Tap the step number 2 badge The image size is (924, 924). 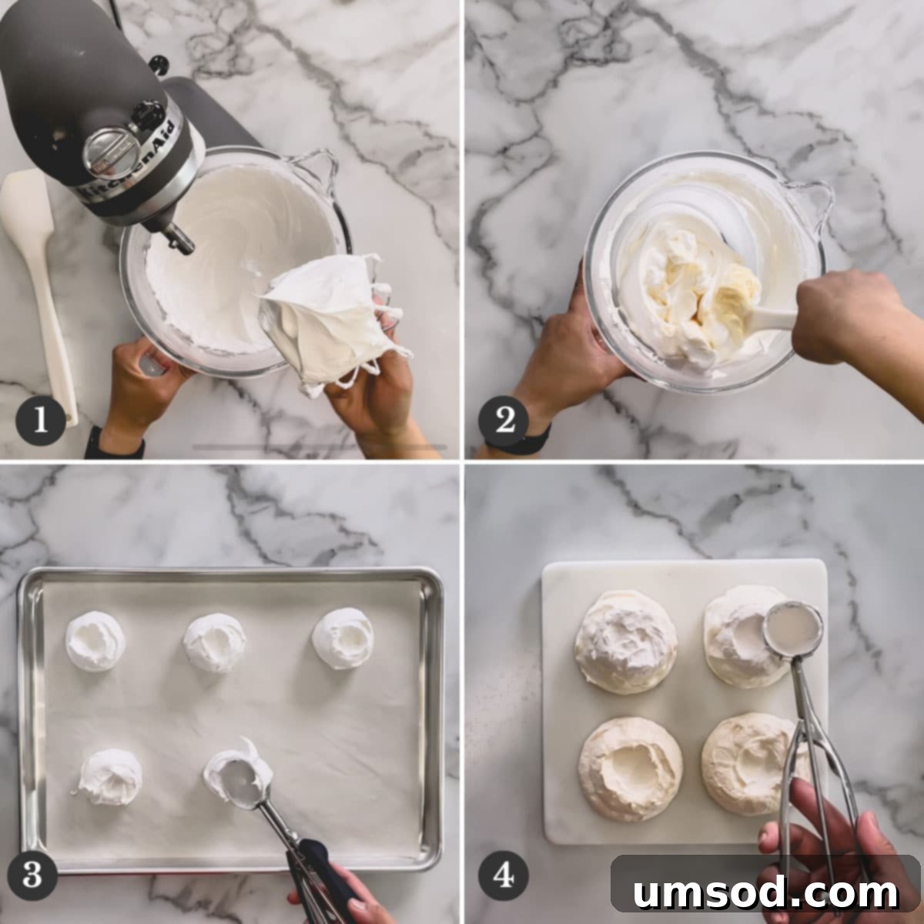(x=504, y=420)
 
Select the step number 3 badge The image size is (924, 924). (x=32, y=875)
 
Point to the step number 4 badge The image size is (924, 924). (x=503, y=875)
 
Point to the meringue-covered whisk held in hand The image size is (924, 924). (x=327, y=316)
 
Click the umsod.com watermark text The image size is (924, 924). (x=765, y=892)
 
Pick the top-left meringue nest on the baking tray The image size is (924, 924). (x=95, y=641)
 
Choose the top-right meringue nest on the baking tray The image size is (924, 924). (x=343, y=638)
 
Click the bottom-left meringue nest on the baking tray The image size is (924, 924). (x=111, y=776)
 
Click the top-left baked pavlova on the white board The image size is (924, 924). (x=626, y=641)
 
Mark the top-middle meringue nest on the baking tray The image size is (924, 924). (x=215, y=643)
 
